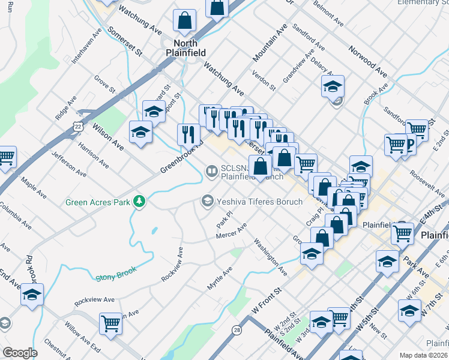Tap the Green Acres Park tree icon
click(x=140, y=201)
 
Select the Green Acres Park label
click(x=98, y=202)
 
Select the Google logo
click(x=20, y=353)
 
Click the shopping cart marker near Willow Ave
click(x=111, y=323)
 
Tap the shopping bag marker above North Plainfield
click(x=185, y=20)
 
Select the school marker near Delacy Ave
click(x=332, y=87)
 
